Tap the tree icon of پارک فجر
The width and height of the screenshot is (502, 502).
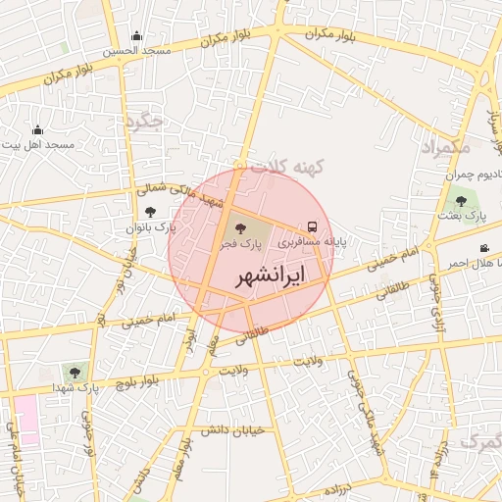(x=242, y=227)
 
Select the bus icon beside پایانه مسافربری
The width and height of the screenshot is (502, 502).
(x=313, y=225)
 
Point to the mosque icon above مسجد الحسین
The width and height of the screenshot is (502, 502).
(x=136, y=36)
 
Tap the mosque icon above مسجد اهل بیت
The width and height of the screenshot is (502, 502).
(x=37, y=130)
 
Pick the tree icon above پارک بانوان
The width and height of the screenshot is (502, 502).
(x=150, y=211)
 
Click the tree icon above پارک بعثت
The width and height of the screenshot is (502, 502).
(x=461, y=201)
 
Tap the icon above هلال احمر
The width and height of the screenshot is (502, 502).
(x=483, y=249)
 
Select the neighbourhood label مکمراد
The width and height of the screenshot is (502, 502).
(x=446, y=147)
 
